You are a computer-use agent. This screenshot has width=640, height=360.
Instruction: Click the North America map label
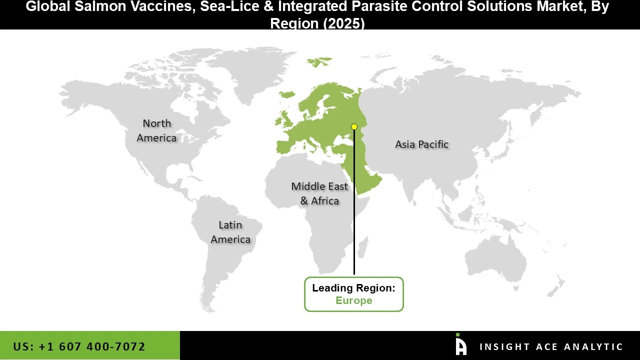click(156, 130)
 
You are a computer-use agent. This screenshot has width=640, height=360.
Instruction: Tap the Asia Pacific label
click(421, 144)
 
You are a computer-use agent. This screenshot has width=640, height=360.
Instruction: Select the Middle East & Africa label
click(319, 193)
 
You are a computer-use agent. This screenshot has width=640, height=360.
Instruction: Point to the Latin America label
click(230, 232)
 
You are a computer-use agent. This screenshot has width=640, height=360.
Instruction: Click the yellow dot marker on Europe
click(354, 126)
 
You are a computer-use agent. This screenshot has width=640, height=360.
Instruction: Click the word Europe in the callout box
click(353, 300)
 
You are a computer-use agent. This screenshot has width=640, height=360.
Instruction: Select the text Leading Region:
click(353, 288)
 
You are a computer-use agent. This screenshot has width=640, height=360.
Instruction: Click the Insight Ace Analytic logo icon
click(461, 345)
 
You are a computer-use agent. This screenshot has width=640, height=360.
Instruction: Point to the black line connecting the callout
click(354, 225)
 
